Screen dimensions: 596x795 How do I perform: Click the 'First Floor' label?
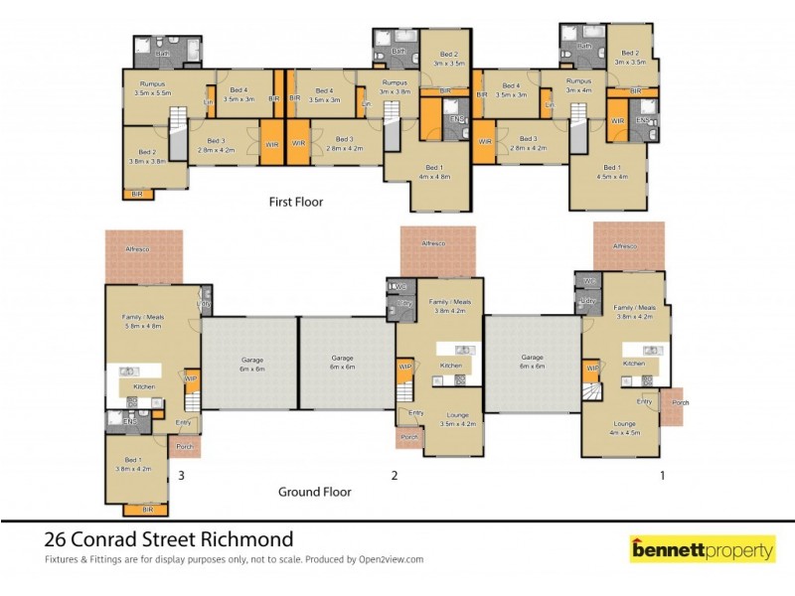click(296, 202)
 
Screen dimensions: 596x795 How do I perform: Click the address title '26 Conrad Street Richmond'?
click(169, 539)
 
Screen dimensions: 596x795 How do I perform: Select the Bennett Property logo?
click(703, 547)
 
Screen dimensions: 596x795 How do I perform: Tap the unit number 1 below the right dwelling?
click(663, 476)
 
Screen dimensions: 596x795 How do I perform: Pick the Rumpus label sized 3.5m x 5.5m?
click(153, 88)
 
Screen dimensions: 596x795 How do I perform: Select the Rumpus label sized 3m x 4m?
click(578, 85)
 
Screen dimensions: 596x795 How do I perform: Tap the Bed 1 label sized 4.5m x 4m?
click(609, 172)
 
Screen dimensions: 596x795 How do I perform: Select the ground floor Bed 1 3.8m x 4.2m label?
click(137, 463)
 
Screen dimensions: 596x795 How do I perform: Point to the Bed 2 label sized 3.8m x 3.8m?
click(145, 155)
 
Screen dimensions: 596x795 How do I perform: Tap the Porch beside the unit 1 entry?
click(680, 402)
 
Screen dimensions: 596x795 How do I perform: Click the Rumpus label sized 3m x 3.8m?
click(395, 87)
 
